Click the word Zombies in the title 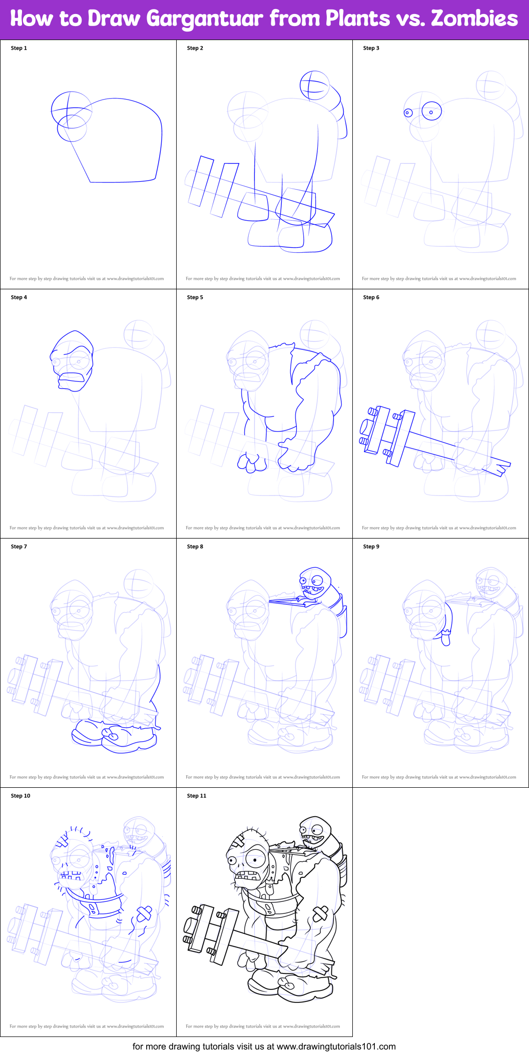point(474,19)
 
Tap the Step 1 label point(19,48)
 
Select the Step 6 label point(371,297)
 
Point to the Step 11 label point(196,796)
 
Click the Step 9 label point(371,547)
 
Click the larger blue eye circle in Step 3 point(431,112)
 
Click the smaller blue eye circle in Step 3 point(408,113)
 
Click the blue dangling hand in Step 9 point(445,639)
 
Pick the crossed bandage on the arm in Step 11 point(320,914)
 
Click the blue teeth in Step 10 point(70,875)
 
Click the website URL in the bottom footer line point(336,1046)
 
